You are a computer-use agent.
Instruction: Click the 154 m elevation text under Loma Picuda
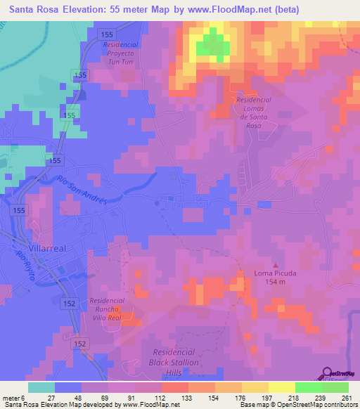(275, 283)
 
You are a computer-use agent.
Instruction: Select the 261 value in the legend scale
(345, 396)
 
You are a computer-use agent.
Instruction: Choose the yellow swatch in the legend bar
(282, 387)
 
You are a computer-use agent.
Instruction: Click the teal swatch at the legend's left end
(41, 387)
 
